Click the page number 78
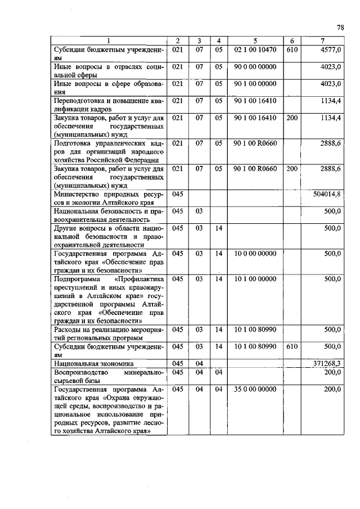tap(340, 27)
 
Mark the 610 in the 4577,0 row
tap(291, 49)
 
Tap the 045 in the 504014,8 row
tap(178, 193)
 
